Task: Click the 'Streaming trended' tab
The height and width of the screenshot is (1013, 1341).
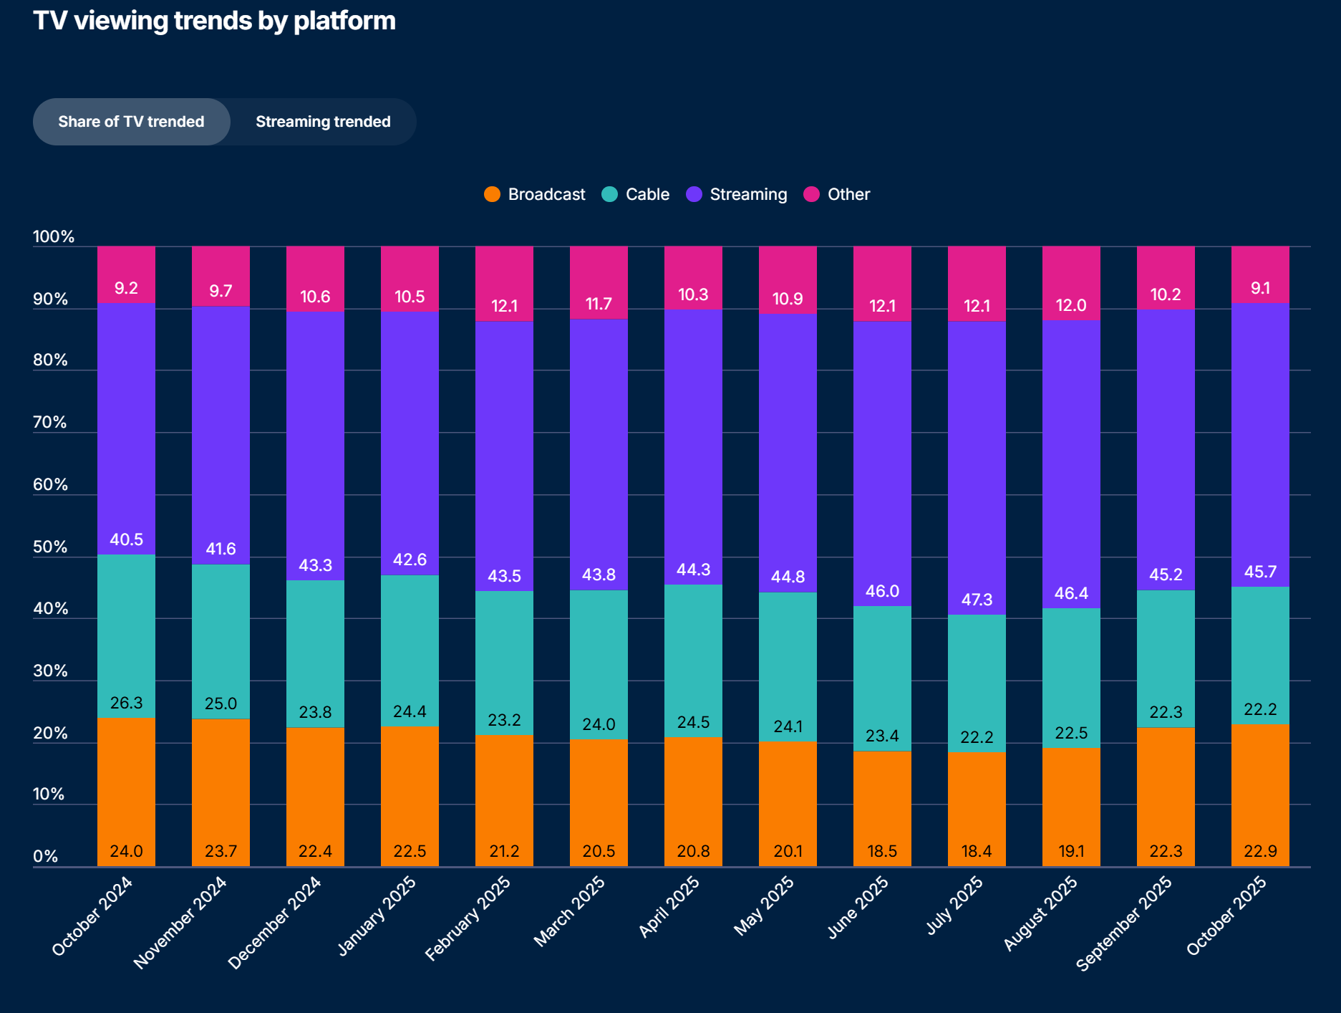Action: pos(323,122)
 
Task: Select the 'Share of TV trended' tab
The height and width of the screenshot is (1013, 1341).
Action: pos(131,122)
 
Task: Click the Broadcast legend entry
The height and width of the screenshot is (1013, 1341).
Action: pos(535,194)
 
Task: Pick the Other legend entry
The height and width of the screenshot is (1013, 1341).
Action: pos(837,194)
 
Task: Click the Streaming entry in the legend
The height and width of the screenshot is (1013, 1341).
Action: pos(737,194)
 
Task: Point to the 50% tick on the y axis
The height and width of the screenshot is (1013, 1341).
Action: pos(50,547)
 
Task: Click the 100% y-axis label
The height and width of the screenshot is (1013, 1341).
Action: pos(54,237)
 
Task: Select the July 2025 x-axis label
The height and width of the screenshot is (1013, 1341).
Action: pos(955,906)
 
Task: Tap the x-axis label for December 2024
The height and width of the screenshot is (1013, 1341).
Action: pos(275,923)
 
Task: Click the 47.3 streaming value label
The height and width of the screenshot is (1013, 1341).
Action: pos(977,600)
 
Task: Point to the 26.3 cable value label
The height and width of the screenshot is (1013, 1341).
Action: pos(126,703)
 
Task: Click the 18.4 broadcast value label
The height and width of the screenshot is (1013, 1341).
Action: pos(977,851)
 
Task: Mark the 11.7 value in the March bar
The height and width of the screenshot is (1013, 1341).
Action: pos(599,304)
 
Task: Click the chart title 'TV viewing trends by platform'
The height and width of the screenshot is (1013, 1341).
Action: pos(214,21)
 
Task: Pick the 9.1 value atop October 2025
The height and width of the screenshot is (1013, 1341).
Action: pos(1260,288)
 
